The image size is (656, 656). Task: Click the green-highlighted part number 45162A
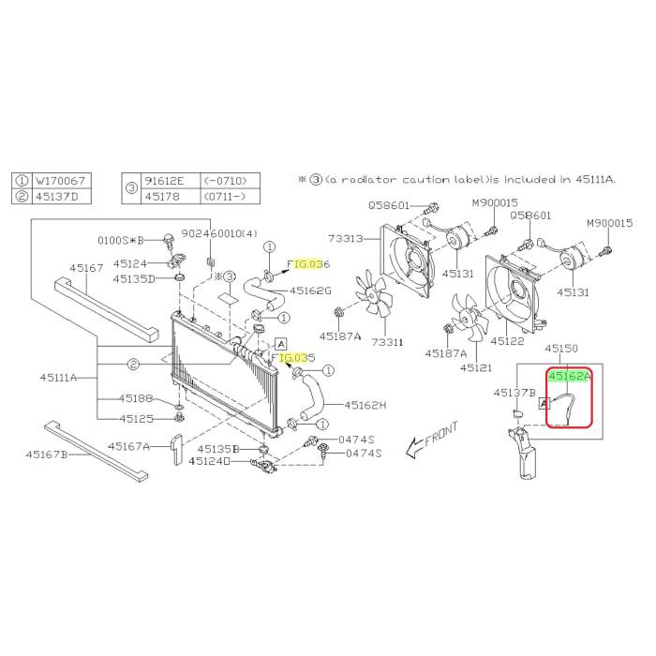click(x=570, y=376)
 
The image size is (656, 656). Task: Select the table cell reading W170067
click(x=60, y=181)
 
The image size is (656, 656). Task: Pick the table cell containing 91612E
click(x=171, y=181)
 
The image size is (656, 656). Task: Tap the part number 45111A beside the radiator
click(x=58, y=378)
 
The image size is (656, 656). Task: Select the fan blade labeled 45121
click(x=469, y=318)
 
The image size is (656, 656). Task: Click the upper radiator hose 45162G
click(x=263, y=291)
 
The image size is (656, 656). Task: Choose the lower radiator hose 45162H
click(x=312, y=398)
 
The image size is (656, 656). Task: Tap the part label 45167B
click(x=47, y=455)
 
